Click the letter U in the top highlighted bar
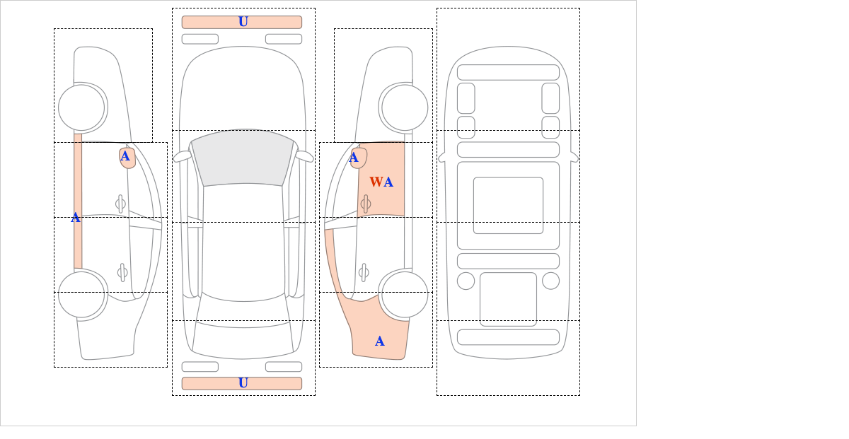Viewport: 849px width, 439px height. click(243, 22)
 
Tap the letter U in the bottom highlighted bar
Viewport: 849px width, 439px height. click(243, 383)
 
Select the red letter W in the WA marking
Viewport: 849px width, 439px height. click(376, 182)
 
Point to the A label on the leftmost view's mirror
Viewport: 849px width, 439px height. click(125, 156)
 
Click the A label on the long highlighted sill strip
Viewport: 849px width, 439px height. click(76, 218)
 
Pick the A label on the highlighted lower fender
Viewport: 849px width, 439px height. click(379, 341)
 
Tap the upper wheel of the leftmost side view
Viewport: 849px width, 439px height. click(81, 107)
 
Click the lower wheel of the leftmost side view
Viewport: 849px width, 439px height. click(81, 294)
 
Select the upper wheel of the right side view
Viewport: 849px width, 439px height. click(405, 107)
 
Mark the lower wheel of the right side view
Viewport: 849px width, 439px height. click(405, 294)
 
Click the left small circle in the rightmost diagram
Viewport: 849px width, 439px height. click(466, 281)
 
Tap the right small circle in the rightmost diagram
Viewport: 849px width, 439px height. click(550, 281)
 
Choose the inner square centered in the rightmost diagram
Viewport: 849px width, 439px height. click(508, 205)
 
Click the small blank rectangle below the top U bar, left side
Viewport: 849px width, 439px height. click(200, 39)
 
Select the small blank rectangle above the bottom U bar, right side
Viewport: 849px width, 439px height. click(284, 366)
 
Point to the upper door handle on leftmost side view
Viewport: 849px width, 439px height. click(120, 204)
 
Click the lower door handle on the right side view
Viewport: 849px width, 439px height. click(364, 272)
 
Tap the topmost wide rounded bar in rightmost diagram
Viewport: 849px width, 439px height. click(508, 72)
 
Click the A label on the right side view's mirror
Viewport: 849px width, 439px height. click(354, 158)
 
